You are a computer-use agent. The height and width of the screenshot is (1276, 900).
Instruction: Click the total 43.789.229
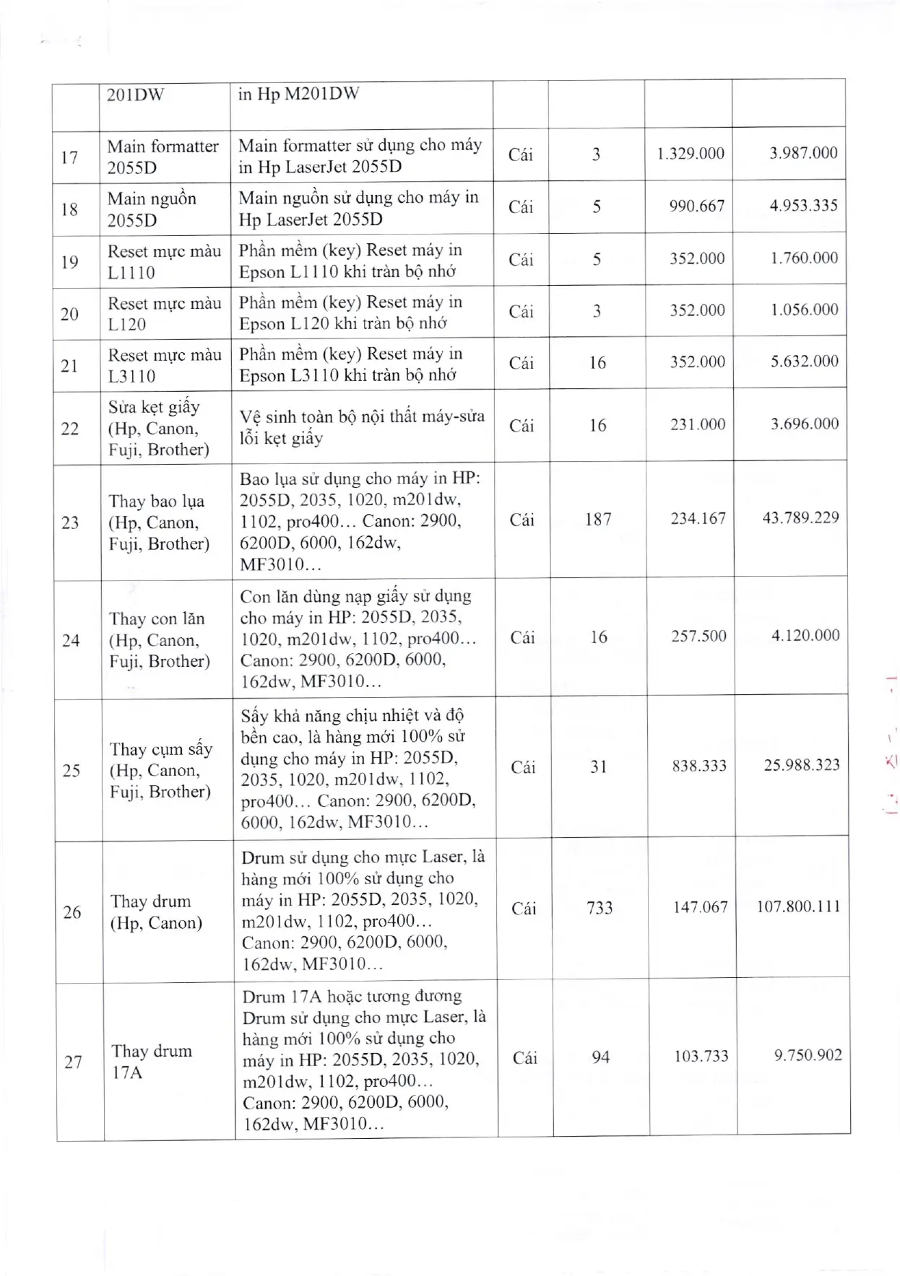(800, 518)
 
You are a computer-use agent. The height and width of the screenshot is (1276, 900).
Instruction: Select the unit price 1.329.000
(690, 154)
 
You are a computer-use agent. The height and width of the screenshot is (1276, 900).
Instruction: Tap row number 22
(70, 429)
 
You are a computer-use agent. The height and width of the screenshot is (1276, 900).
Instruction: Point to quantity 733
(600, 907)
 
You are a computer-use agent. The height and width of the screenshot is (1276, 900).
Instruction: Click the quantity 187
(598, 519)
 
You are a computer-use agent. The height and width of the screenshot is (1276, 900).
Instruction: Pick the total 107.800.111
(798, 906)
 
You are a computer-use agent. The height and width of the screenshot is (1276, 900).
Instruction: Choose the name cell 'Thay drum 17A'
(152, 1062)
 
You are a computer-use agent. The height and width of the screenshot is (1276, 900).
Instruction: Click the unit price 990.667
(696, 206)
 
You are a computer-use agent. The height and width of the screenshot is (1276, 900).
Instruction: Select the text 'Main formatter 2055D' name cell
(163, 157)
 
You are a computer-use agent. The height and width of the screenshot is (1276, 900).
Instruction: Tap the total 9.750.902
(808, 1056)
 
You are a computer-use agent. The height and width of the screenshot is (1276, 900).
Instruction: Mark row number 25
(72, 770)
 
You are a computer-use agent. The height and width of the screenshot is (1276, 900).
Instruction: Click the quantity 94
(600, 1057)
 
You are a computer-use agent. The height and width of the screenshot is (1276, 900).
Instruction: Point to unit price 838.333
(699, 766)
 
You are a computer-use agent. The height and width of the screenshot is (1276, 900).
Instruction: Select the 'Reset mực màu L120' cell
(164, 313)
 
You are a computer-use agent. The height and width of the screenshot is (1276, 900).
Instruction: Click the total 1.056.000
(804, 310)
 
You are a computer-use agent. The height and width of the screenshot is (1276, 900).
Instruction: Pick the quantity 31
(599, 766)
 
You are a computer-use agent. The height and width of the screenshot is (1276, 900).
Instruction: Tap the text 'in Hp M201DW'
(298, 94)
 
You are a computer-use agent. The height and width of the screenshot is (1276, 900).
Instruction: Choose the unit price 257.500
(698, 636)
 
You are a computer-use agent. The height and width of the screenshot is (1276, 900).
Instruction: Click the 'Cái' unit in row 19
(521, 259)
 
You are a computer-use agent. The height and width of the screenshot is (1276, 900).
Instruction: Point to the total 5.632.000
(804, 362)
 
